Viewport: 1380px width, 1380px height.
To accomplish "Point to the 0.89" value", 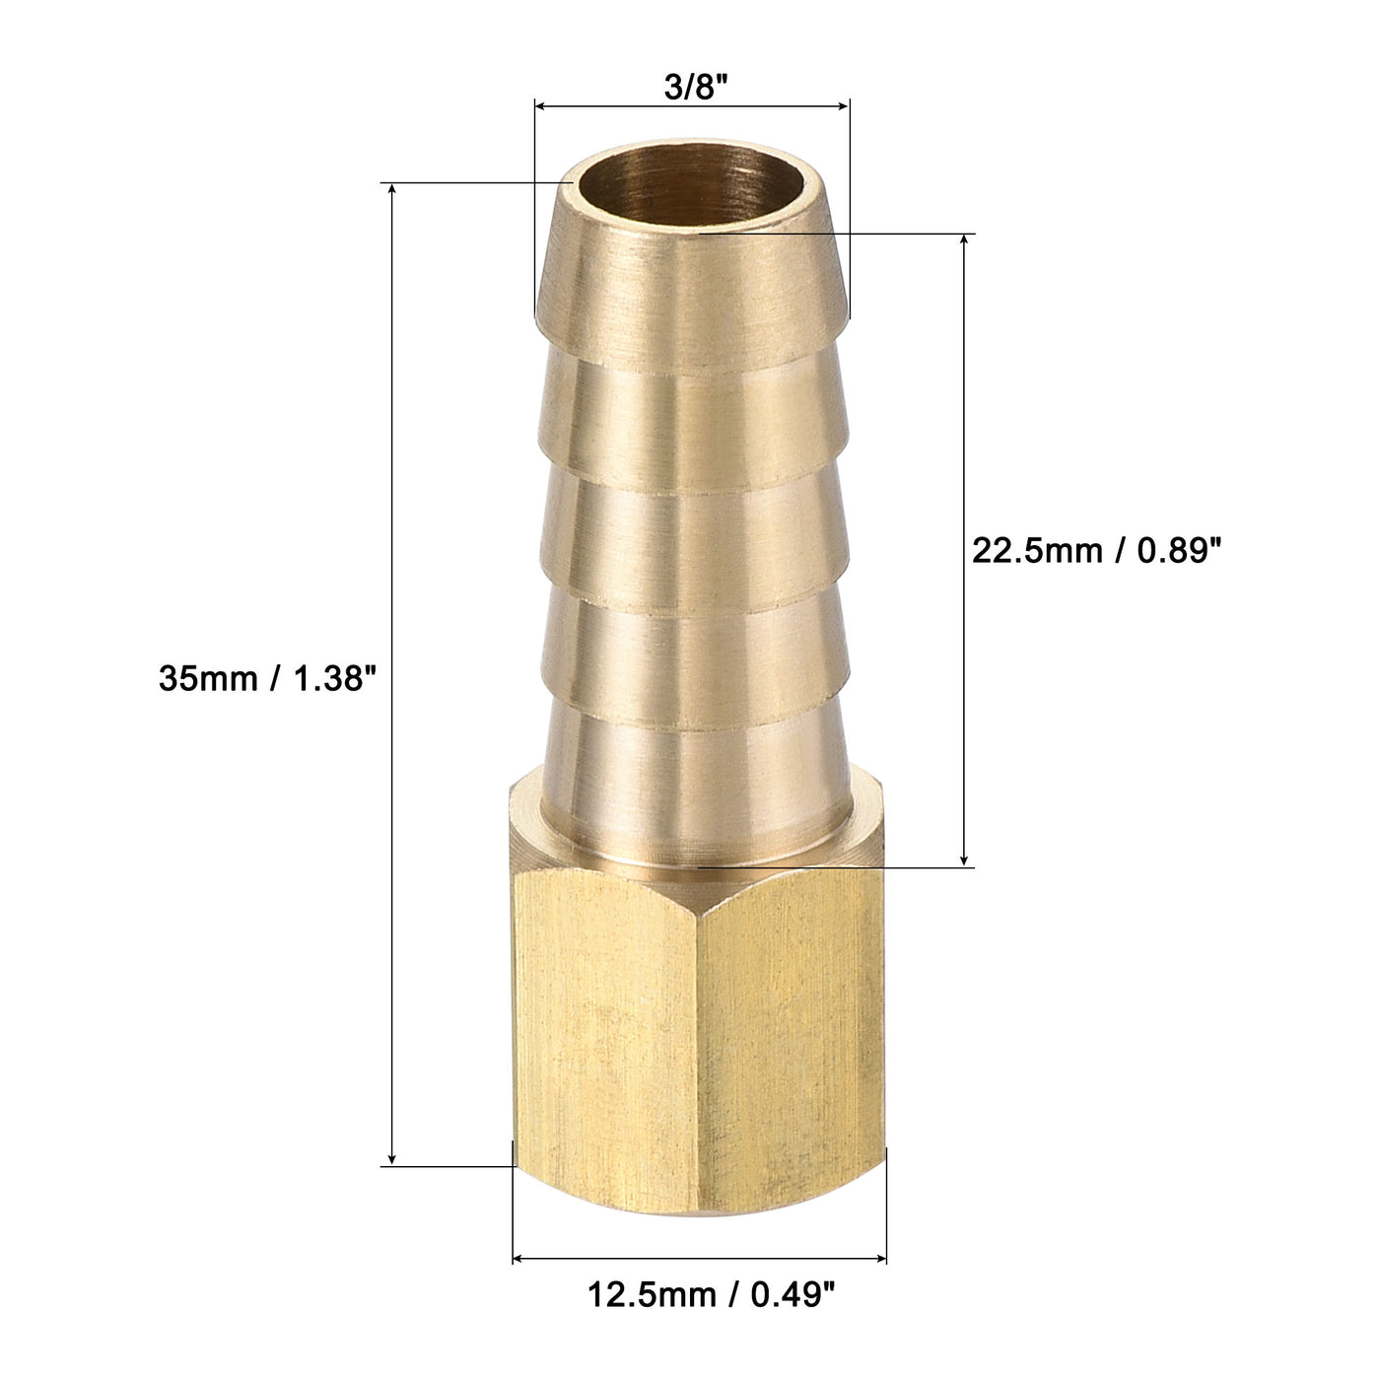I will [x=1173, y=551].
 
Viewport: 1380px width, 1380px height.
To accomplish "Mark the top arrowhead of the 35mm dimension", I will [x=393, y=190].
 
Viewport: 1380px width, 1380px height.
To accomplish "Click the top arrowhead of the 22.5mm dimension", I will [x=965, y=241].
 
